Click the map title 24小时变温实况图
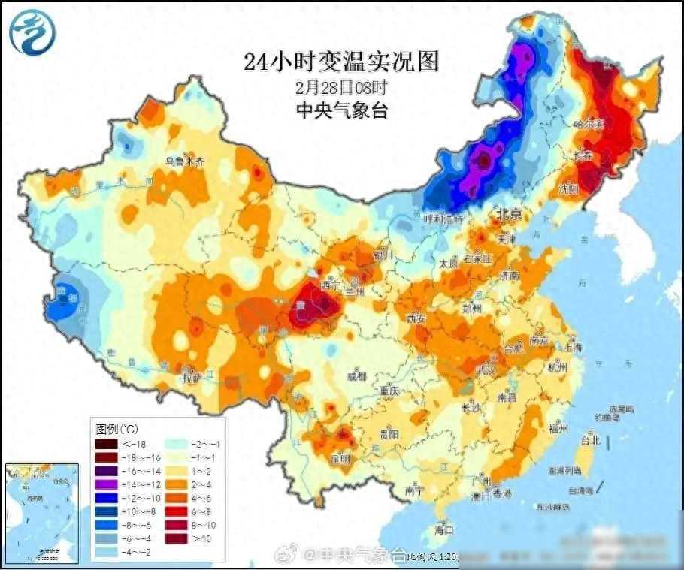coord(340,61)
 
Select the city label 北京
coord(507,216)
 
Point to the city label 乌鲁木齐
coord(184,161)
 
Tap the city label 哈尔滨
coord(589,124)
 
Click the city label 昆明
coord(340,458)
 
